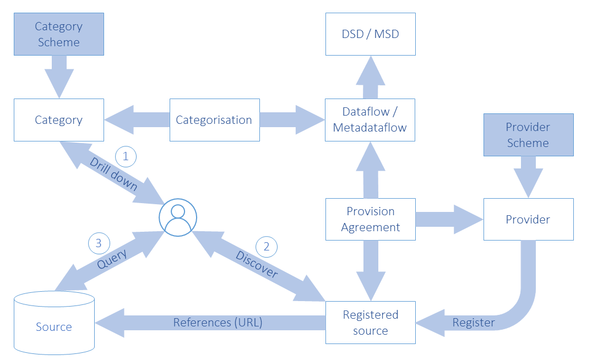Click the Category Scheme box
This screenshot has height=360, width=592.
coord(59,34)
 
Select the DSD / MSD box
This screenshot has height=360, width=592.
coord(371,34)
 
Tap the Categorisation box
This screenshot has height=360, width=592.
coord(214,120)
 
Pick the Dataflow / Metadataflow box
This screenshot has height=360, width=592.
coord(370,120)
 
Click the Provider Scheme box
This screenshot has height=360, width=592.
coord(529,135)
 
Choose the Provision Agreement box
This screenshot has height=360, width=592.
coord(371,219)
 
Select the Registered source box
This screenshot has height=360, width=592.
coord(371,323)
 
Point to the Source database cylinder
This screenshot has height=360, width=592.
coord(54,323)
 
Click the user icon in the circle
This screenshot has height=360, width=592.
coord(178,218)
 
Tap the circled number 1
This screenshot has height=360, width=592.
coord(126,156)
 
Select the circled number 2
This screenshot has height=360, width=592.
coord(267,247)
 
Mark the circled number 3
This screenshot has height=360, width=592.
coord(99,243)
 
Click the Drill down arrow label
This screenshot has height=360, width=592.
coord(113,174)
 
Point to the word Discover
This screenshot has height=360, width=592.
coord(257,264)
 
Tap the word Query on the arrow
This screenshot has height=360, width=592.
coord(112,259)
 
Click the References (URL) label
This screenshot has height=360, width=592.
coord(218,323)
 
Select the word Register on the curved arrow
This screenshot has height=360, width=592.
coord(474,323)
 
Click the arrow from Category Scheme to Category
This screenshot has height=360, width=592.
coord(59,77)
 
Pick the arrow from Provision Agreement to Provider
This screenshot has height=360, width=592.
coord(449,219)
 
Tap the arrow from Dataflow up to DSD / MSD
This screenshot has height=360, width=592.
coord(371,78)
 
